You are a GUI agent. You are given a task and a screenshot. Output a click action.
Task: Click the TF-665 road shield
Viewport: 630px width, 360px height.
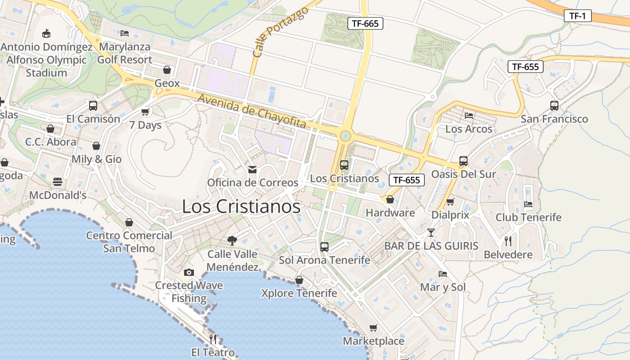[x=365, y=23]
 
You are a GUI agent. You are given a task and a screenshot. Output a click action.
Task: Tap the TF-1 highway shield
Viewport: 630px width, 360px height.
[x=577, y=16]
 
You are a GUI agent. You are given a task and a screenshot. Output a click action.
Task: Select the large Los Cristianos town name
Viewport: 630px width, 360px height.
[x=241, y=207]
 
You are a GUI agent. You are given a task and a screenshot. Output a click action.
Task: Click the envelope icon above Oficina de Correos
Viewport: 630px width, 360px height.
[x=252, y=170]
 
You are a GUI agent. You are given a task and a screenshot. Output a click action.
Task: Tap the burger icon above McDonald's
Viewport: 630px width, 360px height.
[x=58, y=182]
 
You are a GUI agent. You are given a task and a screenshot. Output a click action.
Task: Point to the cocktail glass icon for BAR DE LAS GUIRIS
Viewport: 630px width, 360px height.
[x=431, y=233]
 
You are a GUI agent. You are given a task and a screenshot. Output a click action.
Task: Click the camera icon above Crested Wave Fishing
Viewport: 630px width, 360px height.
[x=189, y=272]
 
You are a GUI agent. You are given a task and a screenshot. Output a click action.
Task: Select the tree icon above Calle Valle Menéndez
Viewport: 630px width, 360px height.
[x=232, y=241]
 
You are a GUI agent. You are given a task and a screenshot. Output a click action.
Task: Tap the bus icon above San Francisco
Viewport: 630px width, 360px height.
[x=554, y=106]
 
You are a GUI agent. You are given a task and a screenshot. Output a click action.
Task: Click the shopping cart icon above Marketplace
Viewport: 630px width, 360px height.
[x=373, y=328]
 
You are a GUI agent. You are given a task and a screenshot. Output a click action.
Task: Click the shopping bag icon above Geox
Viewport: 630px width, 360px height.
[x=167, y=70]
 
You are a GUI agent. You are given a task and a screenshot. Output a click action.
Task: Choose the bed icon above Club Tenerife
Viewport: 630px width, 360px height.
[x=528, y=204]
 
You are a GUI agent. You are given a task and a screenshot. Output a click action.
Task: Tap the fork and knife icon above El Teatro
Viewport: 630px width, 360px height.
[x=213, y=339]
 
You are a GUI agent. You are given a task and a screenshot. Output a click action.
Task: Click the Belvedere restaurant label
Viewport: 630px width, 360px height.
[x=508, y=255]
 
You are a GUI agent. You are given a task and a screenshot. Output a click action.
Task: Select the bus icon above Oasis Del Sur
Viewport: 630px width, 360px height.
[x=463, y=161]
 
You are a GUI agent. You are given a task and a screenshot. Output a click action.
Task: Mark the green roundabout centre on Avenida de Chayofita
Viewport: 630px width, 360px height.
[x=345, y=135]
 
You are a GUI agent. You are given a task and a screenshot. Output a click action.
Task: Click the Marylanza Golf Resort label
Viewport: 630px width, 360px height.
[x=125, y=53]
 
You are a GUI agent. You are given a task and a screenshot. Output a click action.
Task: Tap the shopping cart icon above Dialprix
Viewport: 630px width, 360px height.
[x=450, y=202]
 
